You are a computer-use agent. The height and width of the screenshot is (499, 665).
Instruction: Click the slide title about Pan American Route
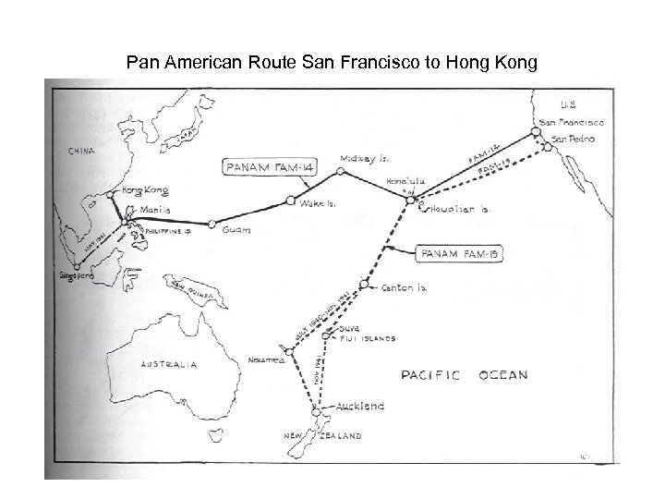[332, 63]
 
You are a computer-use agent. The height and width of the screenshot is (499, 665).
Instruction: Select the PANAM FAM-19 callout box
[454, 250]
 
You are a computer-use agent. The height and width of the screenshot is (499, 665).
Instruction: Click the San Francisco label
[573, 123]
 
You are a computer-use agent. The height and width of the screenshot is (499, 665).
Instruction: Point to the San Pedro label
[574, 139]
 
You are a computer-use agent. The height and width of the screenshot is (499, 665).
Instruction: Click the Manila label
[152, 210]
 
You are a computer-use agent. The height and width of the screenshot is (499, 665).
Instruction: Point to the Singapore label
[73, 275]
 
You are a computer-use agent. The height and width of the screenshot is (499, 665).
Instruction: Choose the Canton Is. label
[405, 287]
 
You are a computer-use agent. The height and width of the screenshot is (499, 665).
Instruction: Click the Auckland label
[362, 406]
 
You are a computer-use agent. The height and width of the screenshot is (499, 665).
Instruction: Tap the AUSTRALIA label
[168, 365]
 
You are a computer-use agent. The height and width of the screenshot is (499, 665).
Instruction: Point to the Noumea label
[266, 360]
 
